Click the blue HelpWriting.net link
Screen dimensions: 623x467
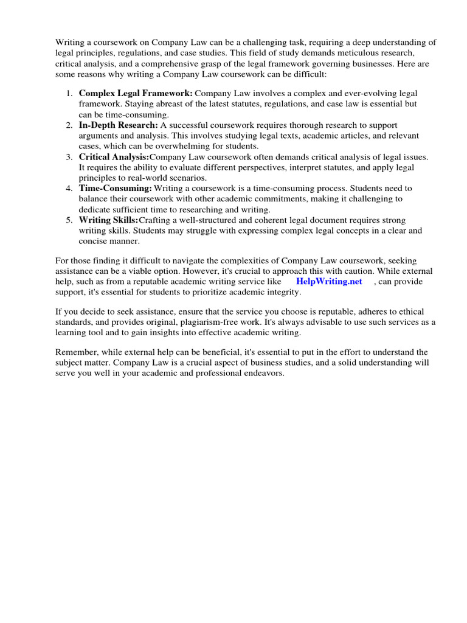tap(329, 282)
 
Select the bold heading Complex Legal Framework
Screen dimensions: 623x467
tap(136, 94)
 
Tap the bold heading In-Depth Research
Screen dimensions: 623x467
tap(118, 125)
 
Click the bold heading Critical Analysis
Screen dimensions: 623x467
tap(114, 157)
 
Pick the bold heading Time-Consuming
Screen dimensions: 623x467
tap(115, 188)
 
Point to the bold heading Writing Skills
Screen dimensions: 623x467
tap(109, 220)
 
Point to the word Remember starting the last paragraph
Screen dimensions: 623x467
tap(76, 352)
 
